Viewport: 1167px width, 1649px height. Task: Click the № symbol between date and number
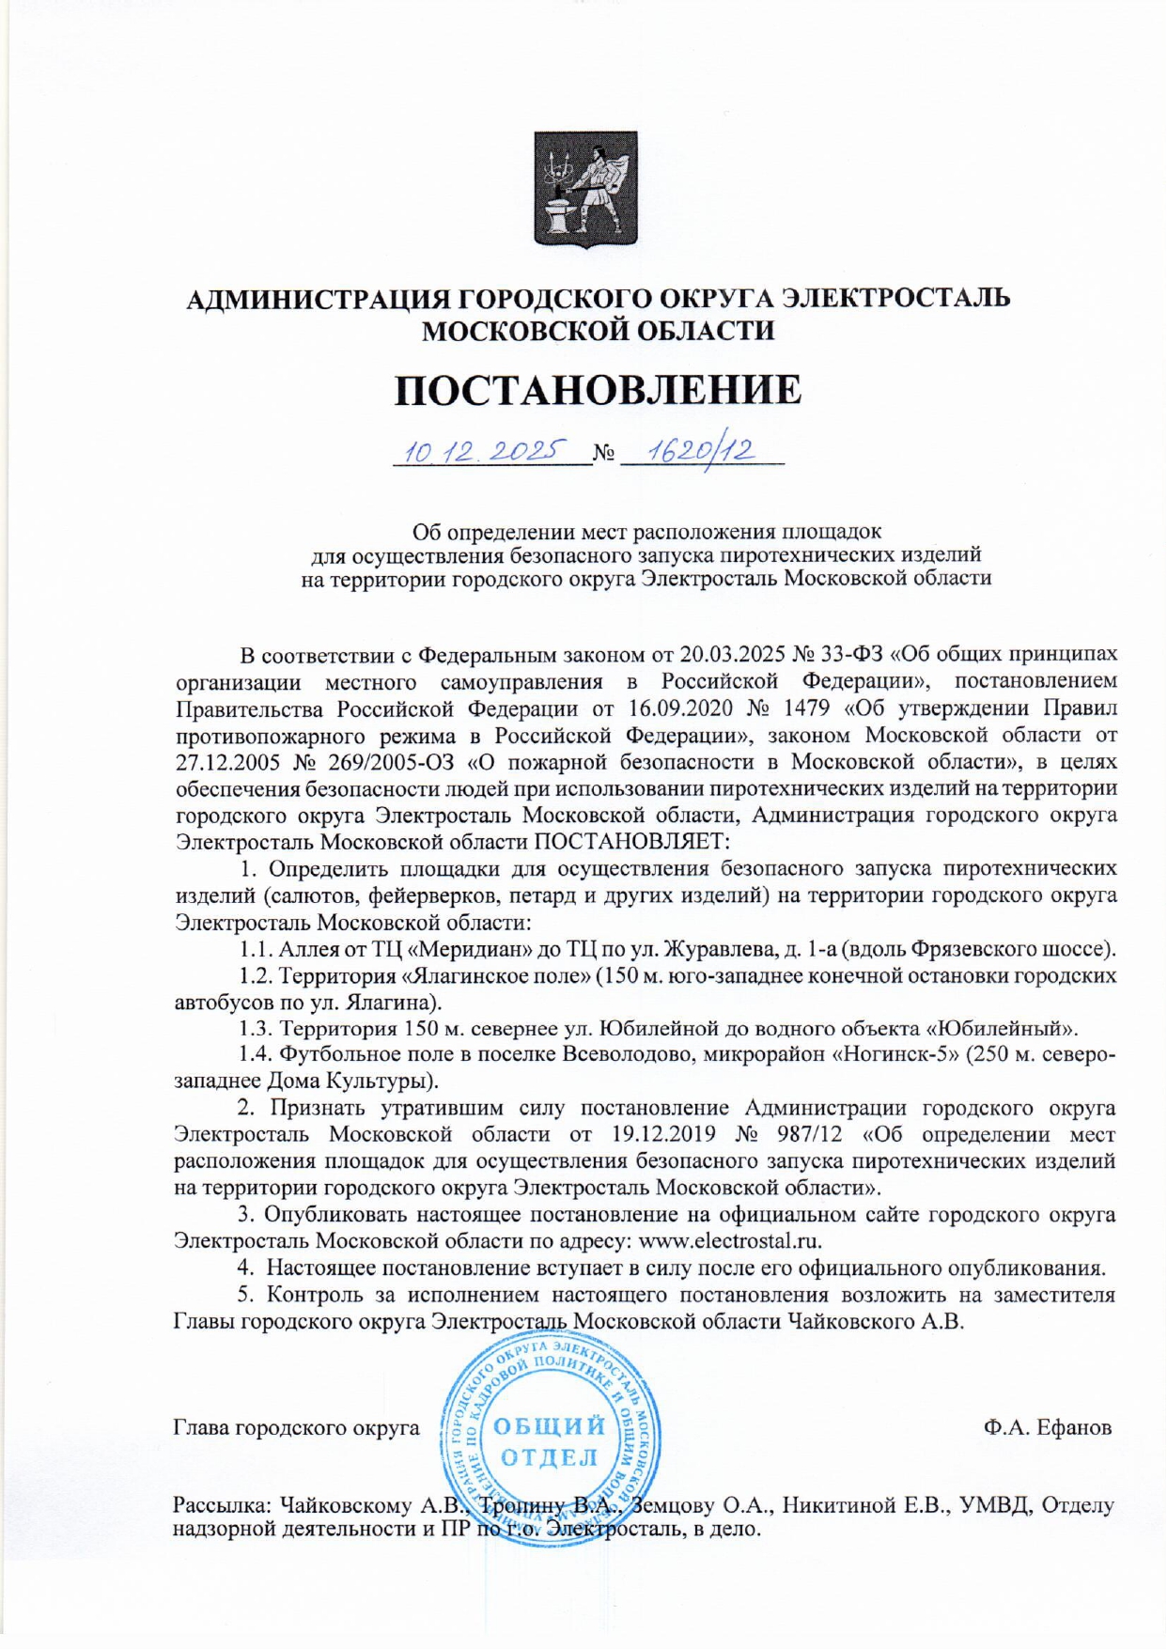click(604, 456)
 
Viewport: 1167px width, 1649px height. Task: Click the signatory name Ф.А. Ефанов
click(1048, 1428)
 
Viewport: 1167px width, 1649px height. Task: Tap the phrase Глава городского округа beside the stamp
click(297, 1428)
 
